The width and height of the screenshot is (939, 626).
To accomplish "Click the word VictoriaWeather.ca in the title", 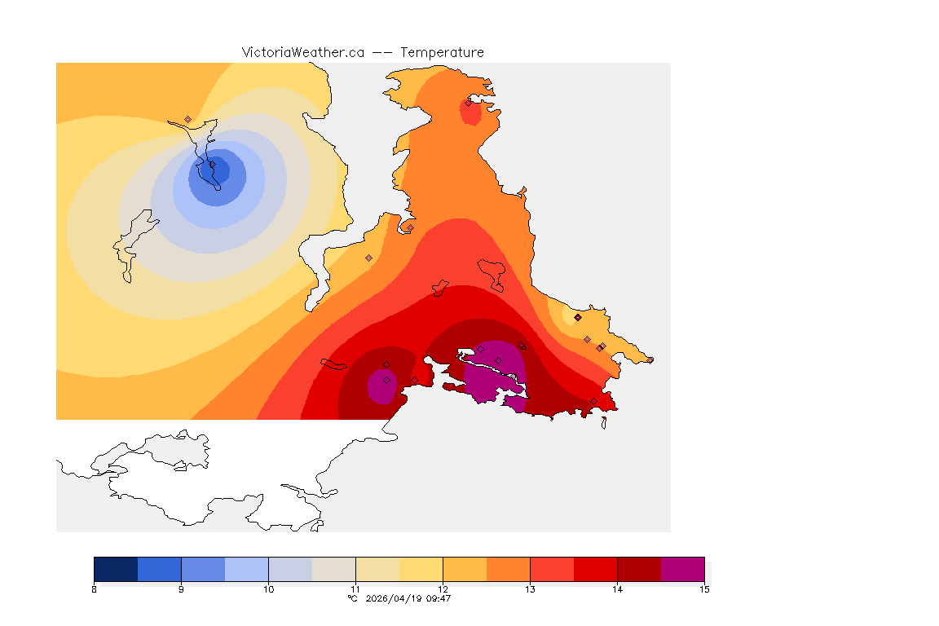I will [x=302, y=52].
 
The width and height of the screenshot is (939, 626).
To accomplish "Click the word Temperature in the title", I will [x=442, y=52].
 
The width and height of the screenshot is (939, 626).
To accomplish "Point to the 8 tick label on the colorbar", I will [x=95, y=589].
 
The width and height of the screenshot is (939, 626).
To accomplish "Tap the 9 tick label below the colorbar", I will [x=181, y=589].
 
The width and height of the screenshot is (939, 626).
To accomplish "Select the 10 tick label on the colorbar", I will [x=268, y=589].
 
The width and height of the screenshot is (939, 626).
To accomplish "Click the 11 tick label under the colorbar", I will [x=355, y=589].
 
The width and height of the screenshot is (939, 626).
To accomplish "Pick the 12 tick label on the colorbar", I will [x=443, y=589].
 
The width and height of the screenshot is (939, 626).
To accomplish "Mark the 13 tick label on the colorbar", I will [x=530, y=589].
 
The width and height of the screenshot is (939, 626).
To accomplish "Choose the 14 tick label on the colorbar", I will [x=617, y=589].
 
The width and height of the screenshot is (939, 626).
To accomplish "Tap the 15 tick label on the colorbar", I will [x=703, y=589].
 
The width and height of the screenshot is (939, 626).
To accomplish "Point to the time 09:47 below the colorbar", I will [x=439, y=598].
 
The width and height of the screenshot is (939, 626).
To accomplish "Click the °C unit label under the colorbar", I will [x=352, y=598].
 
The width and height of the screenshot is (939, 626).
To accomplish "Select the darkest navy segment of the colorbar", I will [x=116, y=569].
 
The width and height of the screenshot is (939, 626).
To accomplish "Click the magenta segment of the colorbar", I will [x=682, y=569].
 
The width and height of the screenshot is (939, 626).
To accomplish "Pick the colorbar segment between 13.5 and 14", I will [x=595, y=569].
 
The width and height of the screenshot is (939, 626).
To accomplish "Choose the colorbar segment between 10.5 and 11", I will [x=333, y=569].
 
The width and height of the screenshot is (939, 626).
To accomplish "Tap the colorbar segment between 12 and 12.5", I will [x=465, y=569].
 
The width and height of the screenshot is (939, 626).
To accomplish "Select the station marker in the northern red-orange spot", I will [x=469, y=103].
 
